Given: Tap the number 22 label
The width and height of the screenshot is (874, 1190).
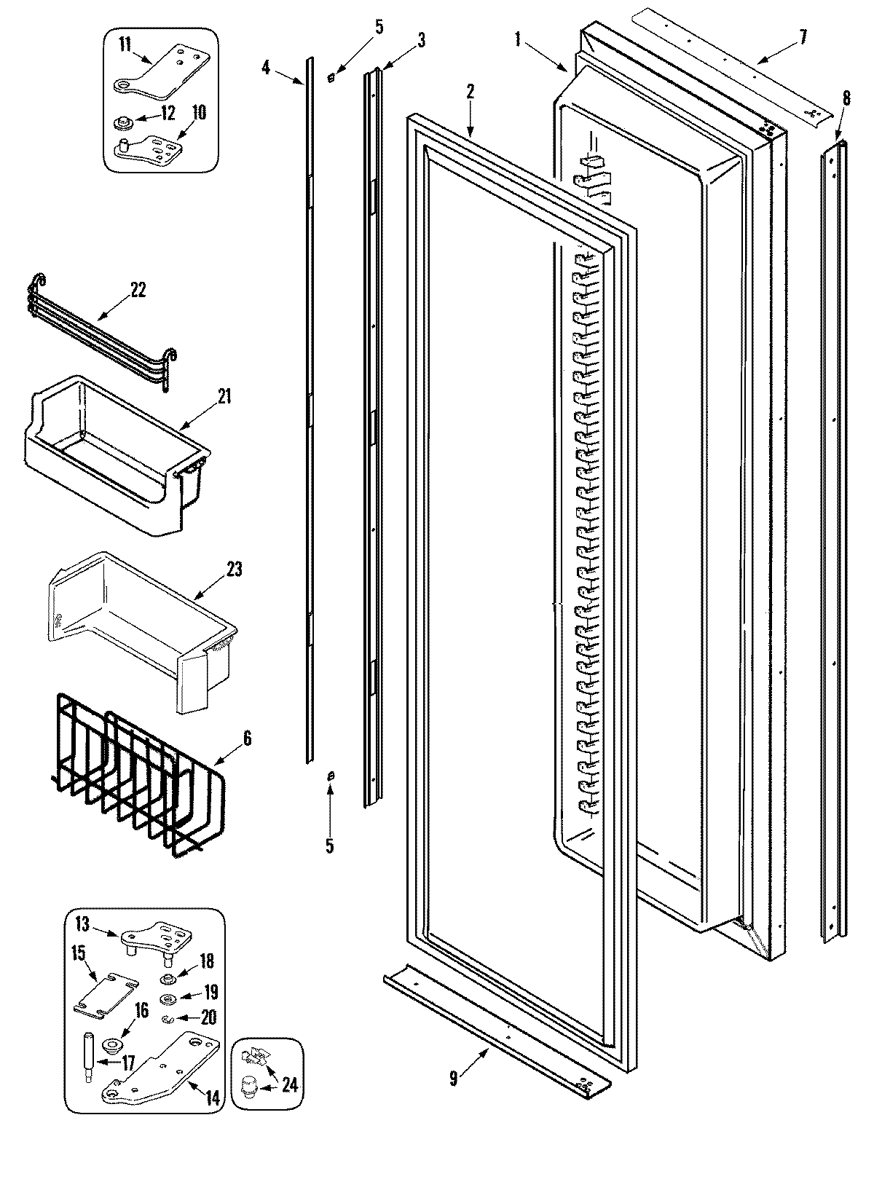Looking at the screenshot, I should pos(138,289).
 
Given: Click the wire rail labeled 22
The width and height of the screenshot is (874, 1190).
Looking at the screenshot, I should pos(102,320).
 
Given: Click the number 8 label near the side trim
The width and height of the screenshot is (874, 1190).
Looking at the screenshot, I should pos(846,98).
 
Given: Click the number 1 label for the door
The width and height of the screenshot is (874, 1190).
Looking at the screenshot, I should pos(518,40).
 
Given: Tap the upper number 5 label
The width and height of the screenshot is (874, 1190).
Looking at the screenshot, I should pos(378,27).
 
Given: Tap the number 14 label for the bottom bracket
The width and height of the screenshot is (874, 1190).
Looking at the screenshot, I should pos(212,1098).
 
